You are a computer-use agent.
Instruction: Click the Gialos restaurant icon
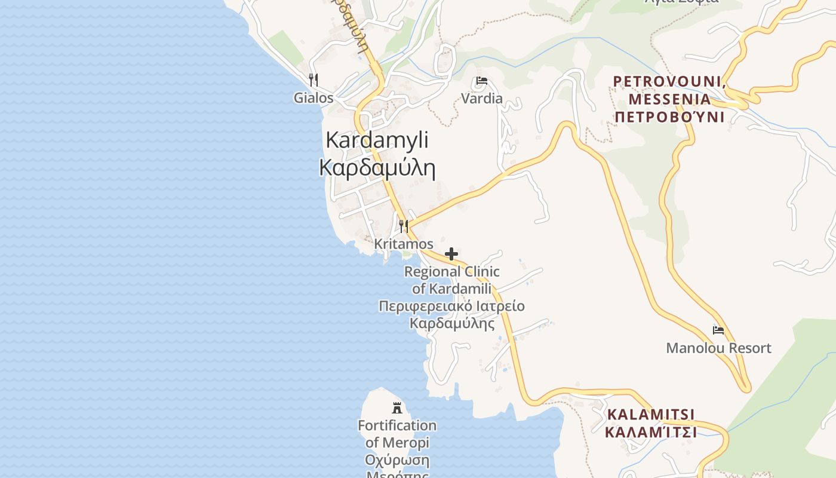pyautogui.click(x=314, y=80)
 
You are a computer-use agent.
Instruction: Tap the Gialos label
pyautogui.click(x=314, y=97)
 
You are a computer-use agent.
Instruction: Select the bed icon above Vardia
pyautogui.click(x=482, y=81)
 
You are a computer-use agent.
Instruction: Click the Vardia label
pyautogui.click(x=482, y=99)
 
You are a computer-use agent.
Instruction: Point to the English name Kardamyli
pyautogui.click(x=377, y=140)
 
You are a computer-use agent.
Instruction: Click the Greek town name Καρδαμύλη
pyautogui.click(x=377, y=168)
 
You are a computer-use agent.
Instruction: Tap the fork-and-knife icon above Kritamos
pyautogui.click(x=404, y=226)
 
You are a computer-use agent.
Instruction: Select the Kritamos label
pyautogui.click(x=404, y=244)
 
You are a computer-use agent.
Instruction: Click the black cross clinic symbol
pyautogui.click(x=451, y=254)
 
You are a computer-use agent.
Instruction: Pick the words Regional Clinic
pyautogui.click(x=452, y=272)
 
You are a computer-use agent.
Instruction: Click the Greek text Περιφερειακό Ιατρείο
pyautogui.click(x=452, y=307)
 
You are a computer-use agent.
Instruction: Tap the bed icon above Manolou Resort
pyautogui.click(x=718, y=330)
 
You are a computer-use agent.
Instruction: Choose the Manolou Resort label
pyautogui.click(x=718, y=348)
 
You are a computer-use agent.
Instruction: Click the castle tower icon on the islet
pyautogui.click(x=397, y=408)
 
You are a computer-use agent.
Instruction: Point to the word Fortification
pyautogui.click(x=397, y=425)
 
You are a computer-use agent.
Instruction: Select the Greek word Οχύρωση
pyautogui.click(x=397, y=461)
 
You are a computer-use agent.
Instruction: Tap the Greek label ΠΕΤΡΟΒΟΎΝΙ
pyautogui.click(x=669, y=117)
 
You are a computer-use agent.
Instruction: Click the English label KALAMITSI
pyautogui.click(x=650, y=414)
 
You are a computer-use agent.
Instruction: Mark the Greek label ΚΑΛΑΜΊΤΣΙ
pyautogui.click(x=650, y=431)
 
